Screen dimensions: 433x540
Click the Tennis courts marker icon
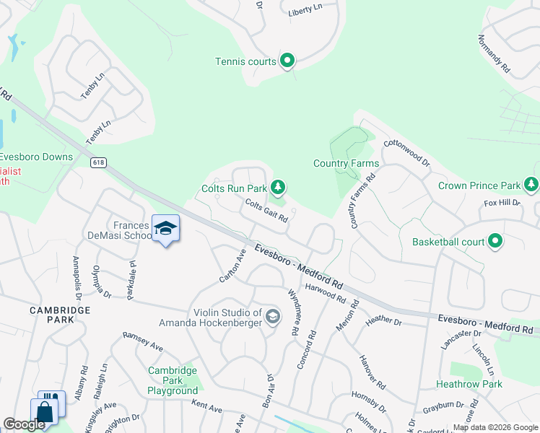(287, 61)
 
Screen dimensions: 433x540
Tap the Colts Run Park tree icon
(278, 188)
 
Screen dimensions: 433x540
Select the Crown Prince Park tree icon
(531, 185)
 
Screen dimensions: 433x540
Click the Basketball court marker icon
(495, 242)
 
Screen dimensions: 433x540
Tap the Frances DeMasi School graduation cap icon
(165, 228)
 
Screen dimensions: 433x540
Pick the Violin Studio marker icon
(273, 316)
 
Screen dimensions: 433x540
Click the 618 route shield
(98, 162)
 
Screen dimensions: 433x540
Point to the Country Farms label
(346, 164)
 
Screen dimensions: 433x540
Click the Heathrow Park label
(469, 384)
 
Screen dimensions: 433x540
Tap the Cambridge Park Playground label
(173, 380)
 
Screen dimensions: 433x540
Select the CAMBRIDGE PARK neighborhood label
(60, 310)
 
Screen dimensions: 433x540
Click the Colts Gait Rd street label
(266, 211)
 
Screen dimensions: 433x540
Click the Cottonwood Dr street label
(406, 152)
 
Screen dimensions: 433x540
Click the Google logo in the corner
(24, 424)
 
